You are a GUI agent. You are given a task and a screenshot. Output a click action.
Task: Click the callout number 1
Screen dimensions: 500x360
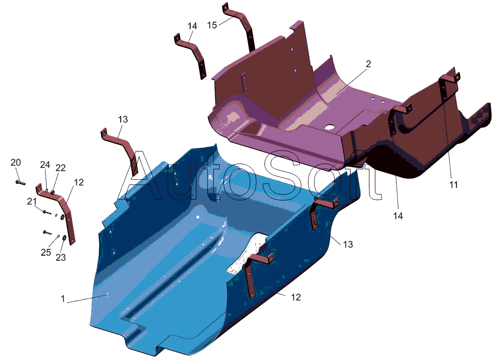click(x=63, y=299)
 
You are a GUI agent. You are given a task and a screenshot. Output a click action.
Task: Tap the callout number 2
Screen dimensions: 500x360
click(x=368, y=64)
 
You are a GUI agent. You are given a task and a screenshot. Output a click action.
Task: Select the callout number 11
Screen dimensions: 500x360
click(x=453, y=184)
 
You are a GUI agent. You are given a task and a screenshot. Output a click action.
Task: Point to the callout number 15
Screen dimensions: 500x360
click(x=212, y=25)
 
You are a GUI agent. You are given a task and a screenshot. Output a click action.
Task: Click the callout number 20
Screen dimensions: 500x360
click(x=16, y=162)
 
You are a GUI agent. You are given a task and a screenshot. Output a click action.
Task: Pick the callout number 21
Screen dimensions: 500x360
click(x=32, y=201)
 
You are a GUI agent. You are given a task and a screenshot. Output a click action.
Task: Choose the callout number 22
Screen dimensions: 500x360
click(x=61, y=168)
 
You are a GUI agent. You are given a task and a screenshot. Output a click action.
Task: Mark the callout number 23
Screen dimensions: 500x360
click(x=61, y=257)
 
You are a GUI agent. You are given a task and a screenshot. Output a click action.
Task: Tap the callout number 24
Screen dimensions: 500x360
click(x=45, y=165)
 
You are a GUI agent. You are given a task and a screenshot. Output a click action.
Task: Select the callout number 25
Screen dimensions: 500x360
click(x=46, y=252)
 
